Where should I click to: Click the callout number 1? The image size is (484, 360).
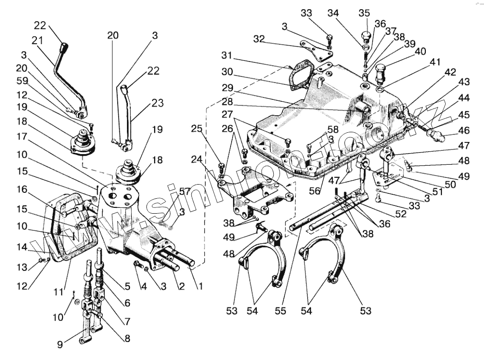point(199,286)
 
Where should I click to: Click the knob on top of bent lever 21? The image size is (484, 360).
point(63,49)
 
